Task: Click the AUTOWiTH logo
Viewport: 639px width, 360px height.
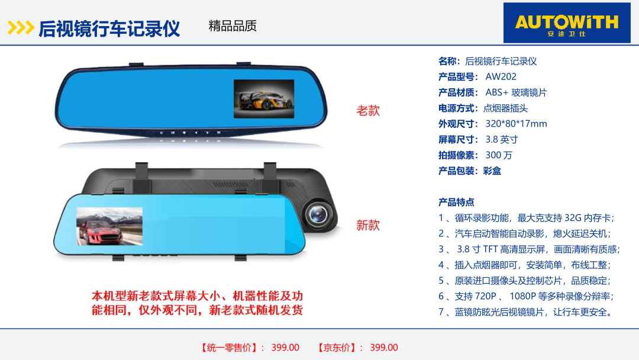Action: point(567,23)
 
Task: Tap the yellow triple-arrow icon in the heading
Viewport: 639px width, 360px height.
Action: point(20,28)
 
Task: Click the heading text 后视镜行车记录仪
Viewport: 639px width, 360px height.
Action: point(109,28)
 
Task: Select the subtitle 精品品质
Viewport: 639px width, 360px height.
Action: point(233,25)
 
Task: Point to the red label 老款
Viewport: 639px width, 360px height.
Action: point(368,111)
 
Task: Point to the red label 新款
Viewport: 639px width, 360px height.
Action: point(368,225)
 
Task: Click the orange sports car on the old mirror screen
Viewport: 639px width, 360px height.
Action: point(264,99)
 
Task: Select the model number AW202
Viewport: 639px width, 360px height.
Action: point(501,76)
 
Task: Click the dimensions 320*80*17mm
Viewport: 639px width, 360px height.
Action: point(516,124)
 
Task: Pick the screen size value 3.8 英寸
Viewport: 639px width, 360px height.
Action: point(502,139)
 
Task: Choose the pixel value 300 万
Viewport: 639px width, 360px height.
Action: point(499,155)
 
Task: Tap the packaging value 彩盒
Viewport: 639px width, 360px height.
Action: point(492,171)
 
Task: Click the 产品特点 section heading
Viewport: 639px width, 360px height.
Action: point(456,202)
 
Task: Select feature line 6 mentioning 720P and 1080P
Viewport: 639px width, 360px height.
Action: point(526,296)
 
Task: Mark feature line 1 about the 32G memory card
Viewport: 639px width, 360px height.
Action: point(526,218)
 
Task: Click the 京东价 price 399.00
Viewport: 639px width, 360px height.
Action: point(384,348)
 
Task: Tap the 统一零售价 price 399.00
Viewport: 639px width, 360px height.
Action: point(285,348)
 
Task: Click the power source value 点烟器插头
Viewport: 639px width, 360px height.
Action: point(505,108)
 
